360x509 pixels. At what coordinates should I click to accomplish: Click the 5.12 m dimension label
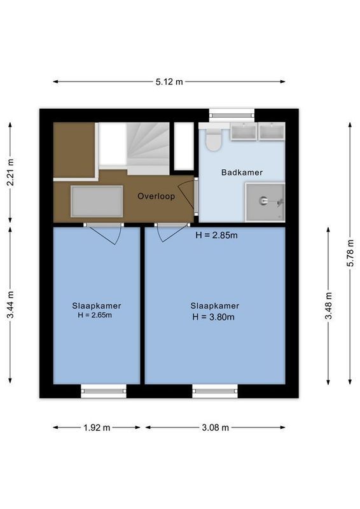169,81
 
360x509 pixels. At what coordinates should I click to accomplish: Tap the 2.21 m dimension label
10,172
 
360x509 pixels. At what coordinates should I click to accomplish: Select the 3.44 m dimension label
10,305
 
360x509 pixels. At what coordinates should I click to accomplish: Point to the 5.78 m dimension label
350,253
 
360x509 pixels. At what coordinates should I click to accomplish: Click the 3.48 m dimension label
328,305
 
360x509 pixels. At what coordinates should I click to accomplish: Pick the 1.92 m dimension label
97,428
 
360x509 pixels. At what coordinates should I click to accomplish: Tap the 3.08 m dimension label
215,428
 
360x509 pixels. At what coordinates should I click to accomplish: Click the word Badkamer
242,172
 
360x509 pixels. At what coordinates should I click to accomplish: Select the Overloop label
156,196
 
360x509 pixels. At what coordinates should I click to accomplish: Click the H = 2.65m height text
95,315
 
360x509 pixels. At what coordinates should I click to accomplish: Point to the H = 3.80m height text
213,317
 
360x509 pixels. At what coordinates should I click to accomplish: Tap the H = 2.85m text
216,235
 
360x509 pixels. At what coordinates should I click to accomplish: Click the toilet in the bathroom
214,139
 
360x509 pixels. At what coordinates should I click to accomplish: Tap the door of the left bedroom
104,233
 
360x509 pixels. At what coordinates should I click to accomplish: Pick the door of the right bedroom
170,232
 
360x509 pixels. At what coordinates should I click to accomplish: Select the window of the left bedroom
103,391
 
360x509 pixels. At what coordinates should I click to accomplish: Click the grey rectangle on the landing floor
96,201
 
